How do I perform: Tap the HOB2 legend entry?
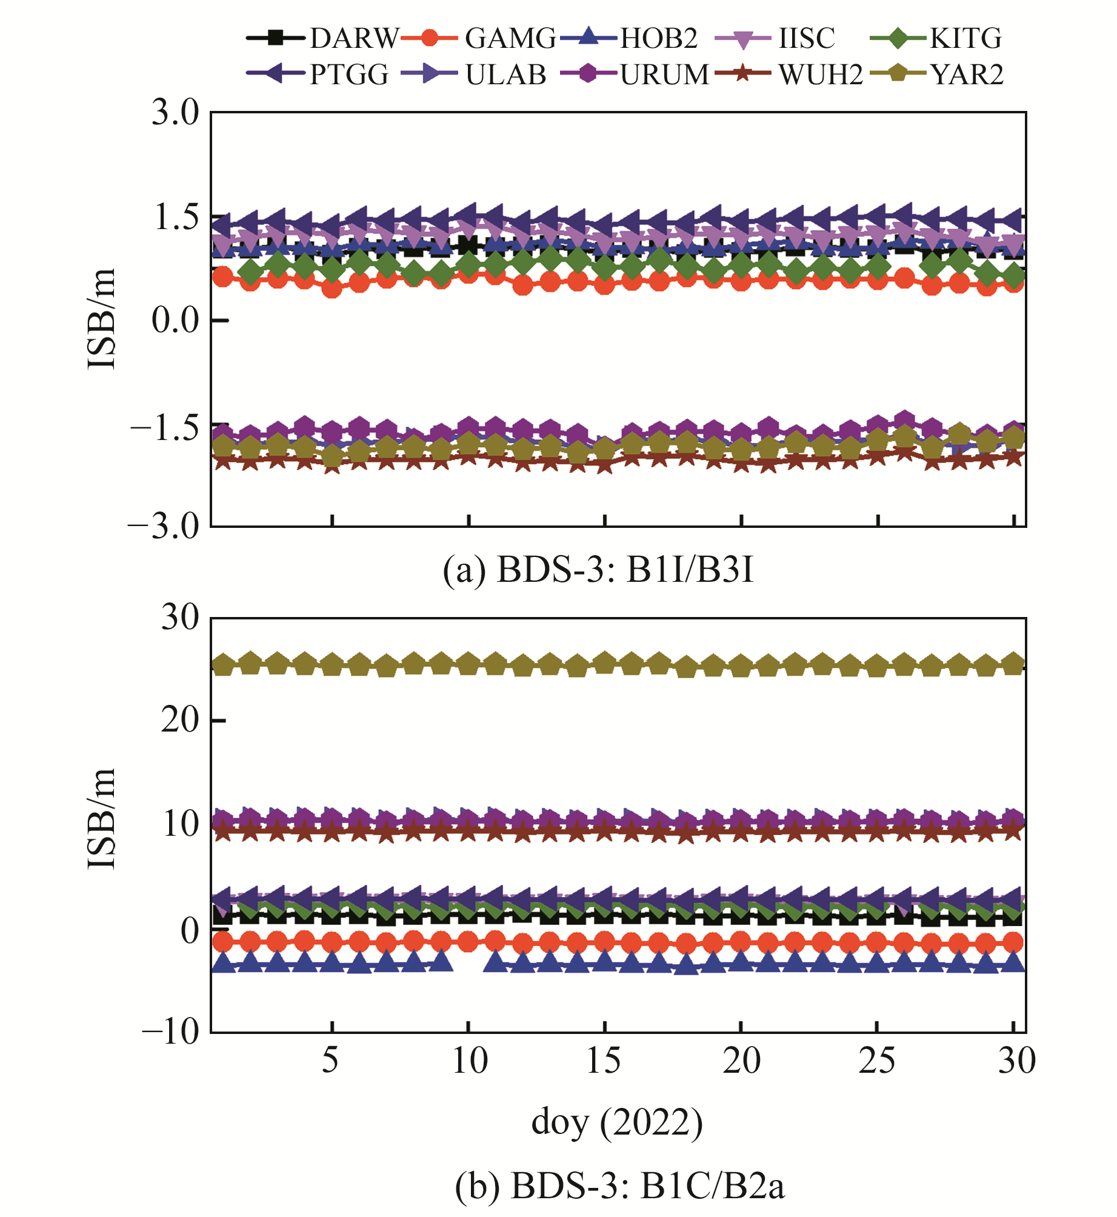click(x=659, y=39)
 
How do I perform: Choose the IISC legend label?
click(x=807, y=39)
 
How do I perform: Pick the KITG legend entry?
click(x=966, y=39)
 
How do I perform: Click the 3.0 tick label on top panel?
click(x=175, y=113)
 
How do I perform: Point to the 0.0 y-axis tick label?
click(x=175, y=320)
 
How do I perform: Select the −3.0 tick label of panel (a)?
click(x=164, y=526)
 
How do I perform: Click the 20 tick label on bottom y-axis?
click(x=180, y=721)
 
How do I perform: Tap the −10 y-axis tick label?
click(x=171, y=1031)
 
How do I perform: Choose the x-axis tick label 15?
click(x=604, y=1061)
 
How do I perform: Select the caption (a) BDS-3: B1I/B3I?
click(x=598, y=570)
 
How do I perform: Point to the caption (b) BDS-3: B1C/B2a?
click(x=619, y=1185)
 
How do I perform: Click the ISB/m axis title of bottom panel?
click(x=102, y=818)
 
